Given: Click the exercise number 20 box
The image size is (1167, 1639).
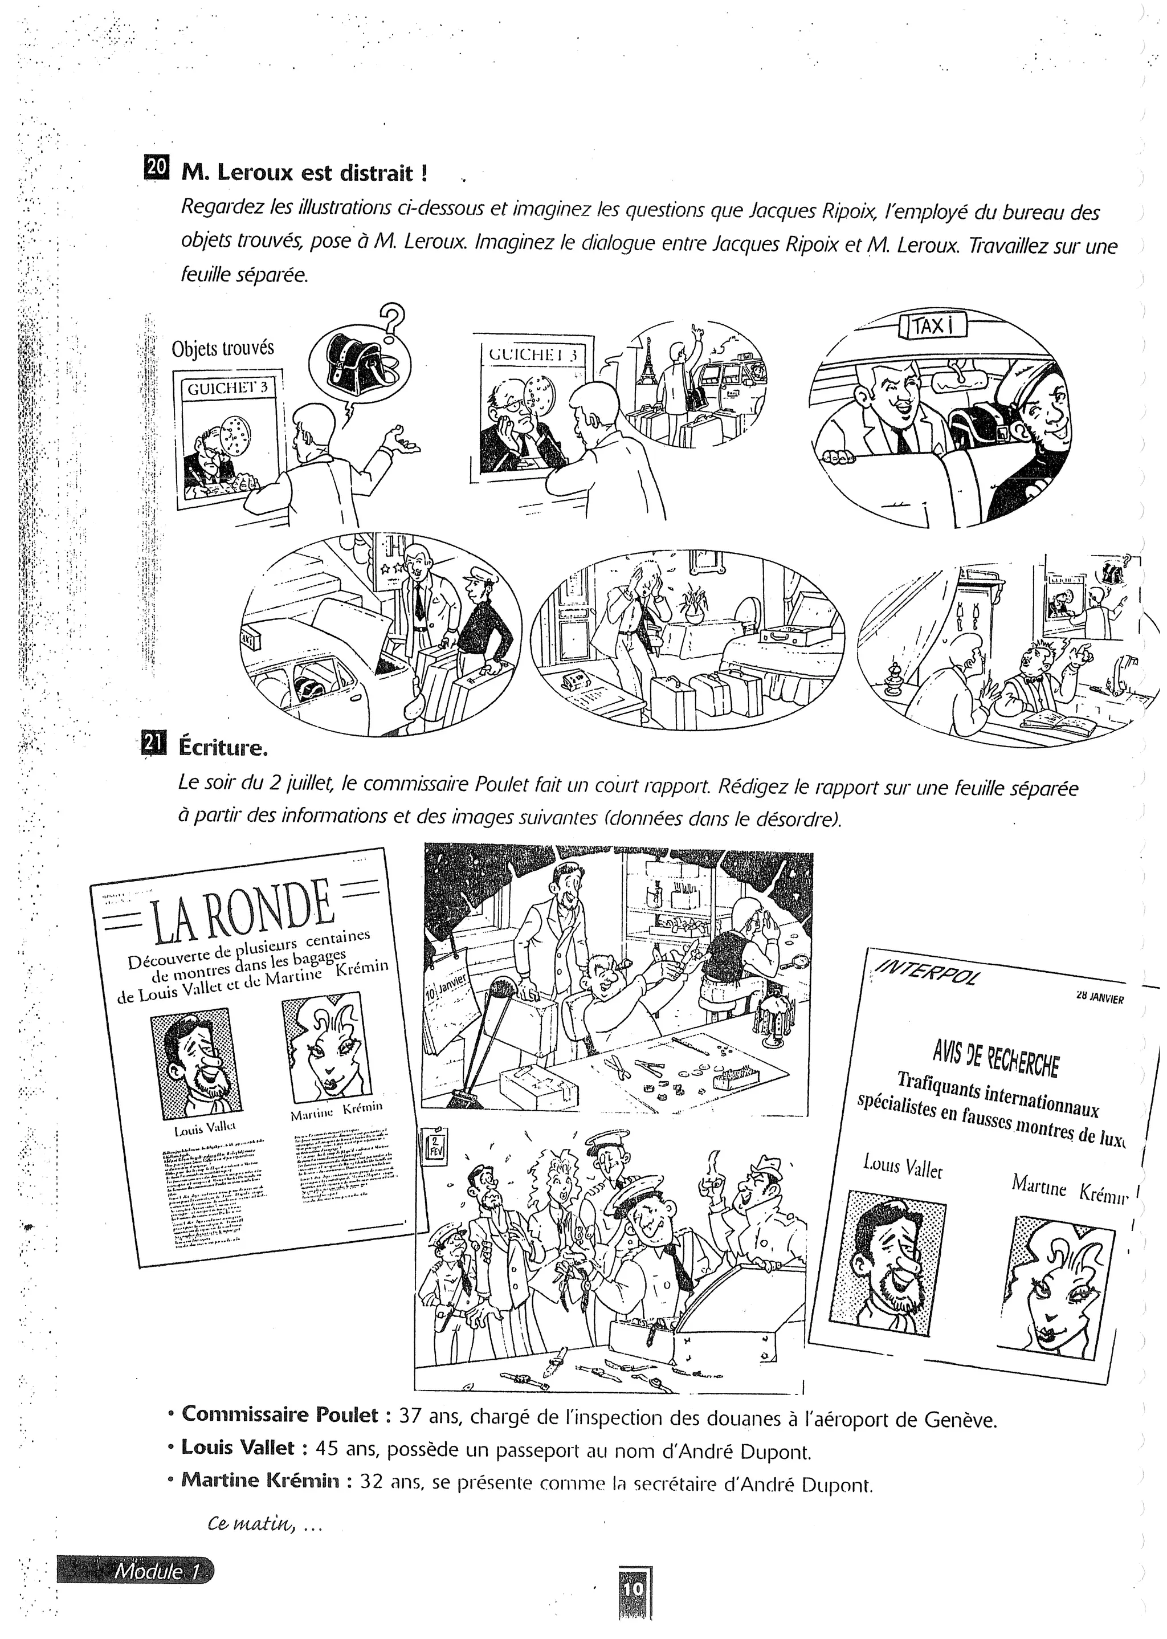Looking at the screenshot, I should [x=157, y=168].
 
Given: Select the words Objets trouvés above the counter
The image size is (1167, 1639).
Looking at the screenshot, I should [x=223, y=349].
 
